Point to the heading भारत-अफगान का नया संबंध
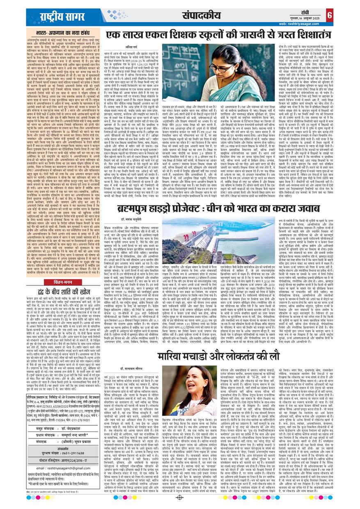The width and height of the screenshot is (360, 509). click(x=61, y=32)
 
